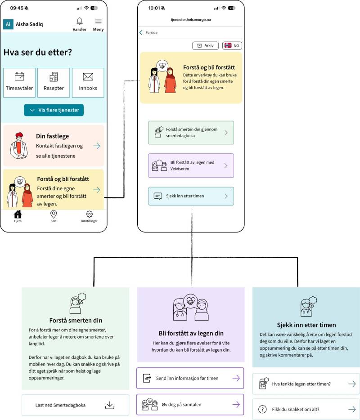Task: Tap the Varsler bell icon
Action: click(x=80, y=21)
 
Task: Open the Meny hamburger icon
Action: click(x=99, y=21)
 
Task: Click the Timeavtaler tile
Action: click(x=19, y=82)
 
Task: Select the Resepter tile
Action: click(x=54, y=82)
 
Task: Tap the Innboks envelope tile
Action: click(x=88, y=82)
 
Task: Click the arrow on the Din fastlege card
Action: click(x=96, y=146)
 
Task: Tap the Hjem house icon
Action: click(x=18, y=214)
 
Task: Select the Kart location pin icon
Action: click(x=54, y=214)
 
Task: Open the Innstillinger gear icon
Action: click(x=89, y=214)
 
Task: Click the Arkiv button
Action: click(x=205, y=45)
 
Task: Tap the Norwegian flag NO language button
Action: click(x=232, y=45)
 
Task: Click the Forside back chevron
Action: click(x=141, y=32)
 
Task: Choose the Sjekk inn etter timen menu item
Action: click(x=191, y=196)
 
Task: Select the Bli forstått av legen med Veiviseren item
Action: click(x=191, y=165)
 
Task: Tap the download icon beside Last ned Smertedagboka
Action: click(x=110, y=405)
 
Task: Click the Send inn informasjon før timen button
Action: click(x=190, y=378)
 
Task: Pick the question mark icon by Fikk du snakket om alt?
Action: click(x=262, y=409)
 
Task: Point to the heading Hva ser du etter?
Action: click(x=38, y=52)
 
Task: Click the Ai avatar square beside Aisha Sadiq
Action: click(x=8, y=24)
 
